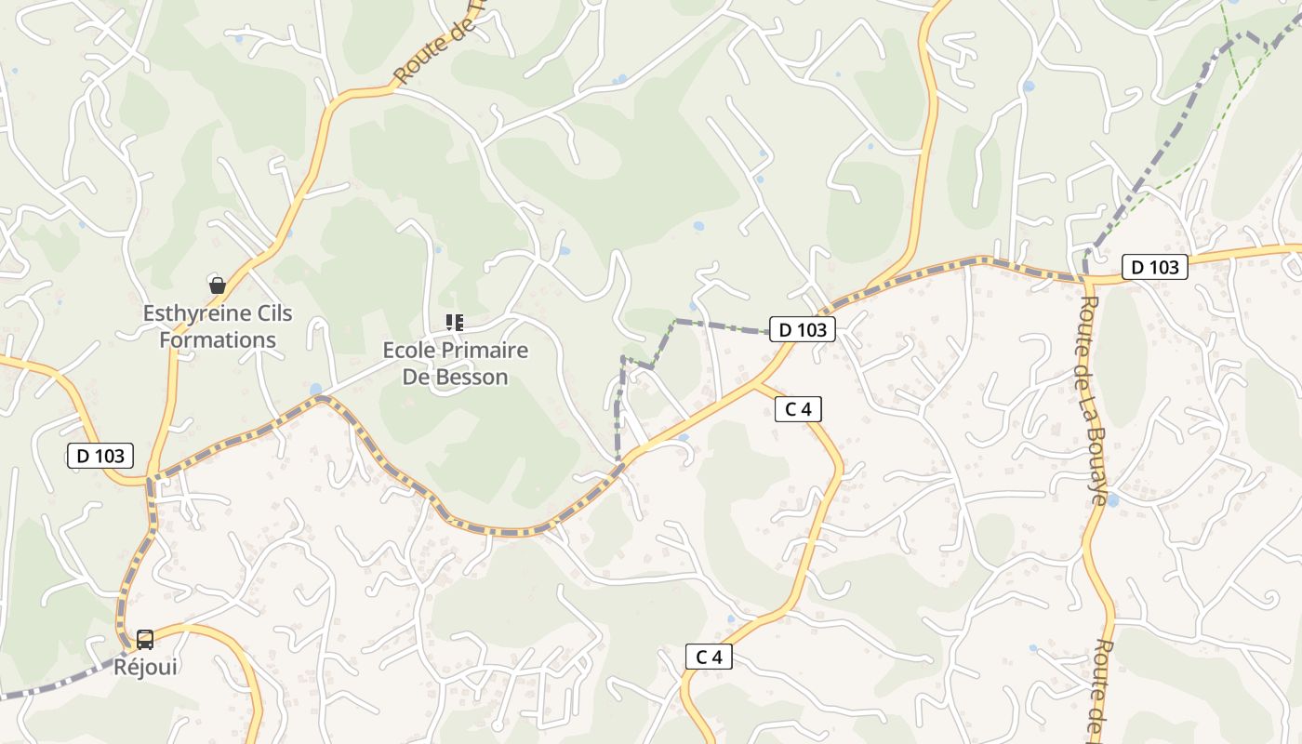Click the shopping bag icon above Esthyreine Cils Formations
tap(218, 286)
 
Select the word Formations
tap(218, 339)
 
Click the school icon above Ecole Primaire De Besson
tap(455, 323)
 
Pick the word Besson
tap(475, 377)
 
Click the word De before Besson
tap(418, 377)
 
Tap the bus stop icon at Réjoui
tap(145, 639)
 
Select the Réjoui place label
tap(145, 666)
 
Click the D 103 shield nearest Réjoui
tap(100, 456)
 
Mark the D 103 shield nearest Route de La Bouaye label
tap(1155, 268)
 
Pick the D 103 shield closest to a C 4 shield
tap(803, 329)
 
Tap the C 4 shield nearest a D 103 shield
tap(798, 408)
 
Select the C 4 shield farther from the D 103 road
tap(709, 657)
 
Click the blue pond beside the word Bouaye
tap(1112, 499)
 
